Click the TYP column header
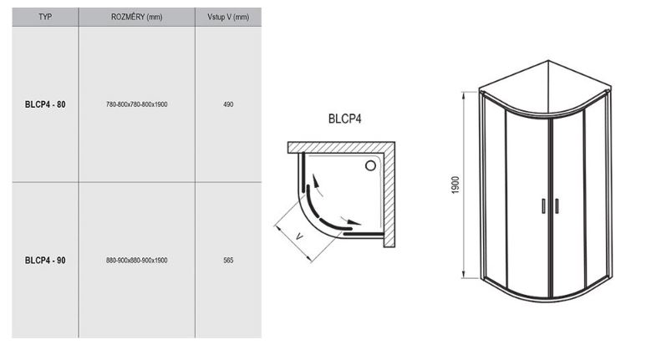45,17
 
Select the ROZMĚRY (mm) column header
136,17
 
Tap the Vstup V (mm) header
228,17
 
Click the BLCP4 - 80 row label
45,104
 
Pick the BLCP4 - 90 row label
45,261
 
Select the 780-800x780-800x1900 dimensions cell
136,104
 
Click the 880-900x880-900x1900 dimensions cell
136,261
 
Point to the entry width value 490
228,104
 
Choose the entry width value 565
228,261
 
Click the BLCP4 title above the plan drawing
344,119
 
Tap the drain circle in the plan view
370,166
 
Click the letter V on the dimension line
299,237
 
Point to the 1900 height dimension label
455,185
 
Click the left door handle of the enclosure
543,206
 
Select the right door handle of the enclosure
557,206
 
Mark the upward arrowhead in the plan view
316,180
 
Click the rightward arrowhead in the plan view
354,222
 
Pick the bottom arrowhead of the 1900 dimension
465,274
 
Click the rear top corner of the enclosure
548,61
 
